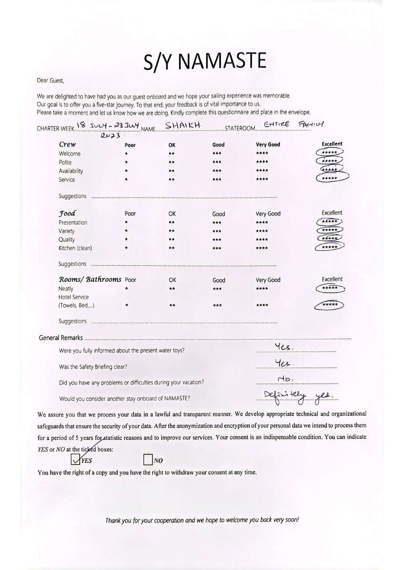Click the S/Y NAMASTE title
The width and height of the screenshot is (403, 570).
(205, 61)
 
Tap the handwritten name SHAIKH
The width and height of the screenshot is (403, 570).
(183, 126)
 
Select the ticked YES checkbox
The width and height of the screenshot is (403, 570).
(76, 459)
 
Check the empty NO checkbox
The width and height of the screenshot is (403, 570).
(148, 460)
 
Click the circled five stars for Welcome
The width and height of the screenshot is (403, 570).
(329, 152)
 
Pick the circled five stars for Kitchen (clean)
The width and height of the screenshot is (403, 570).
(329, 247)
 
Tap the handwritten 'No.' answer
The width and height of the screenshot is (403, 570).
(285, 379)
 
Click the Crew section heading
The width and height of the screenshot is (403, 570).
(68, 144)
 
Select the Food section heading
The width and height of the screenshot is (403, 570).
(67, 213)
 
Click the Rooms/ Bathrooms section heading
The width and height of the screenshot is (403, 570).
(90, 279)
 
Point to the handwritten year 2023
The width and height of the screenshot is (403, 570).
(110, 135)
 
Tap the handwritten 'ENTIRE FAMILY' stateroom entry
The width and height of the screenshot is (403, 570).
(294, 125)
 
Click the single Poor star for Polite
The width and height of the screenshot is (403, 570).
(126, 162)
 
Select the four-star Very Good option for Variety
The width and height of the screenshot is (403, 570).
(262, 231)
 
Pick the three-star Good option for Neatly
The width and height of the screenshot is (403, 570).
(217, 289)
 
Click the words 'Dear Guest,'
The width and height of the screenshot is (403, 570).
(50, 81)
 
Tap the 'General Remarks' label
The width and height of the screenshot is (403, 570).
(61, 338)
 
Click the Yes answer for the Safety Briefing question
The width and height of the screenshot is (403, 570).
(284, 363)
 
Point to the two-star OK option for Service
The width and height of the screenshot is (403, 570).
(172, 180)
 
